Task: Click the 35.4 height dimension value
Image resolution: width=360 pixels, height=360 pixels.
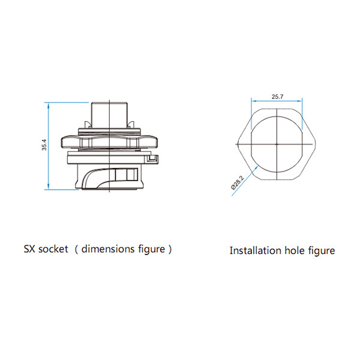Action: coord(44,145)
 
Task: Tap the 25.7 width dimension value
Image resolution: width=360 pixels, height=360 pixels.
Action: coord(277,97)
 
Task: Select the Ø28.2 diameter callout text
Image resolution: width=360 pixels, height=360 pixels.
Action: coord(238,182)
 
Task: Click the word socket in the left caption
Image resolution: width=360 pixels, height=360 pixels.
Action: coord(53,249)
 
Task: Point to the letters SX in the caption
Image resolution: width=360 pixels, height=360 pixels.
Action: coord(29,249)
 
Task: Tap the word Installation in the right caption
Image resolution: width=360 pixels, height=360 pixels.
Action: coord(255,250)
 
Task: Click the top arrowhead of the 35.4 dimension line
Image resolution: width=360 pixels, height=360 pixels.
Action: coord(48,105)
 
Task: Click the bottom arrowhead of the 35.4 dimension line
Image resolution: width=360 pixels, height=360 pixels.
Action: coord(48,187)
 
